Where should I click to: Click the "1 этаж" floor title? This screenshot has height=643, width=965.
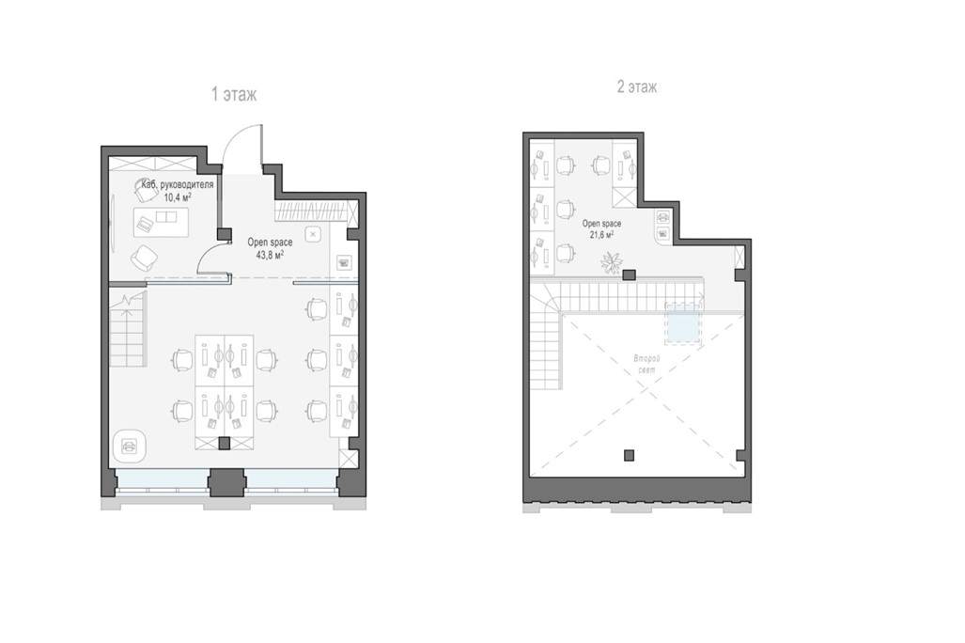tap(234, 94)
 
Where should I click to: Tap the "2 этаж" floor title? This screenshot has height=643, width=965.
tap(637, 86)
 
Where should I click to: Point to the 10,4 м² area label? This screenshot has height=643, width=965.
tap(178, 197)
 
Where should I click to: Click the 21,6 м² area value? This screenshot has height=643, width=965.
tap(601, 235)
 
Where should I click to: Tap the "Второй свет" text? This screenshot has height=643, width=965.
tap(646, 364)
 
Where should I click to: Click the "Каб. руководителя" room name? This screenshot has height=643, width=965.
tap(178, 185)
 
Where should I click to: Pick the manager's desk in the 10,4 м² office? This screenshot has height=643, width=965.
tap(162, 222)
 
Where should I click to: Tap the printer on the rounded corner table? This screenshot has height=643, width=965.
tap(130, 446)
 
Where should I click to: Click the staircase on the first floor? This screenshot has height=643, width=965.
tap(129, 331)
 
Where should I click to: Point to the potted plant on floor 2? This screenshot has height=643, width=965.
tap(612, 262)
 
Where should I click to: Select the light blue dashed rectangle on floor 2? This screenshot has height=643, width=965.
tap(683, 323)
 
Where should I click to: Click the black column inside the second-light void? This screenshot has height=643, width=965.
tap(629, 456)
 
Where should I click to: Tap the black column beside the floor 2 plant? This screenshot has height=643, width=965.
tap(629, 275)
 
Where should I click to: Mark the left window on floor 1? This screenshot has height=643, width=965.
tap(163, 479)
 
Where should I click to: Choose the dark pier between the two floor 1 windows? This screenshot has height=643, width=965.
tap(226, 482)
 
